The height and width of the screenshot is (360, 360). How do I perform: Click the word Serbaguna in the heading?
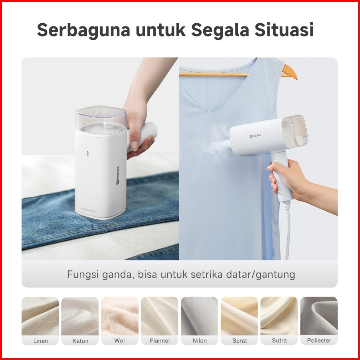84,30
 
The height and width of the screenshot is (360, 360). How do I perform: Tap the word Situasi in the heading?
284,30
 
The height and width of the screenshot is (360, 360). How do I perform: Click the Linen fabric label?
41,341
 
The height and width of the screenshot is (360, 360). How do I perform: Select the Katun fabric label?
80,341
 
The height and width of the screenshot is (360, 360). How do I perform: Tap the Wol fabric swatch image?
120,316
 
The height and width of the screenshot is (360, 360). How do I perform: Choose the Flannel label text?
160,341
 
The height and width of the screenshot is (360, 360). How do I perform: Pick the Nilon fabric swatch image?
199,316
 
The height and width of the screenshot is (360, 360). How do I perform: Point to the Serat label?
240,341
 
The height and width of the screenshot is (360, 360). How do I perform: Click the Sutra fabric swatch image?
279,316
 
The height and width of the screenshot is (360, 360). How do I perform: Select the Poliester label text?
319,341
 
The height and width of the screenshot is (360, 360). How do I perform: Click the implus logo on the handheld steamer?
255,136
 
